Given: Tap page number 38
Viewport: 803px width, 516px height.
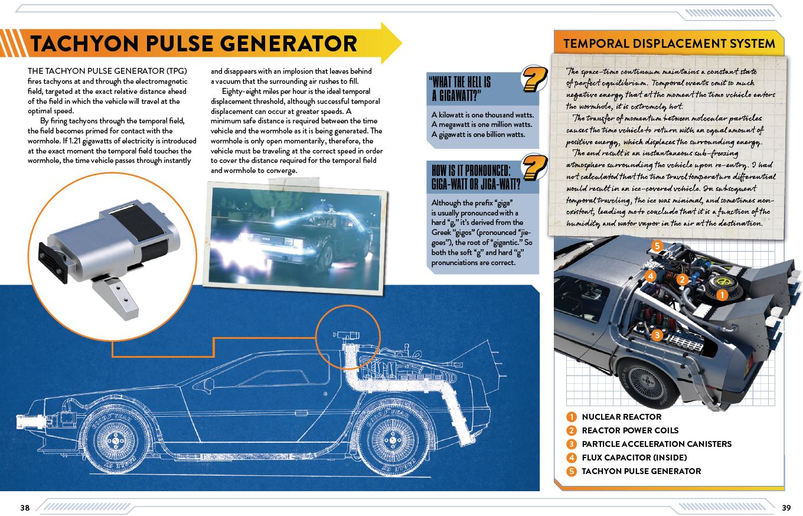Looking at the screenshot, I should click(25, 508).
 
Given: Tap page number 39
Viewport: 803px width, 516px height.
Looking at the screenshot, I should click(786, 508).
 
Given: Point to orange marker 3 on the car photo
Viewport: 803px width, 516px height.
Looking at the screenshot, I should click(655, 335).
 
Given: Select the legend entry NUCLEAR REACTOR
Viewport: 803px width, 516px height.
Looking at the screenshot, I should click(621, 417).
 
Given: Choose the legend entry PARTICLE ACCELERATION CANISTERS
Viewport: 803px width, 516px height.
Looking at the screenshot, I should click(656, 444).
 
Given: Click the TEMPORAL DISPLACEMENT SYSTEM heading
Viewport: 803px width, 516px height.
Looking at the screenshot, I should click(668, 44).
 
